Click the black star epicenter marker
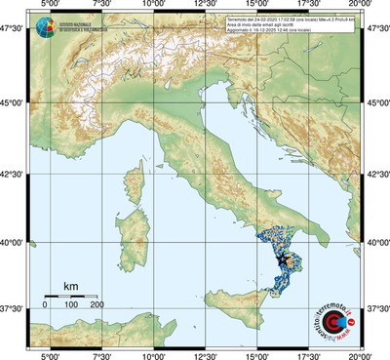[285, 260]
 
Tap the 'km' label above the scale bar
[70, 286]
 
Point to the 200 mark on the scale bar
[97, 305]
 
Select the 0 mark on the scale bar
[45, 305]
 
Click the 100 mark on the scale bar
[71, 305]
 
